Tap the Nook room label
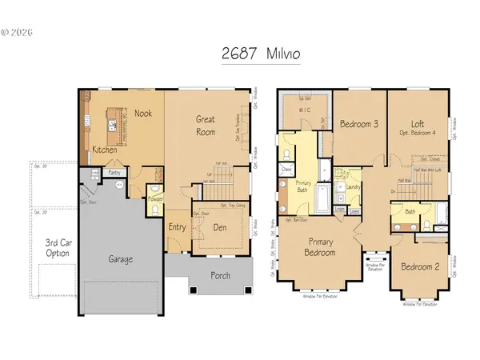(x=144, y=114)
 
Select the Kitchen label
(x=106, y=150)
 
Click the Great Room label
(x=207, y=126)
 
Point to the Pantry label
(x=114, y=172)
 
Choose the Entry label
(x=177, y=227)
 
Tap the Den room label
(x=222, y=228)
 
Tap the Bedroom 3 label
(x=358, y=125)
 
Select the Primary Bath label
(x=287, y=189)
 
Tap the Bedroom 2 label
(x=420, y=266)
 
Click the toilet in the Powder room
(x=155, y=190)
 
